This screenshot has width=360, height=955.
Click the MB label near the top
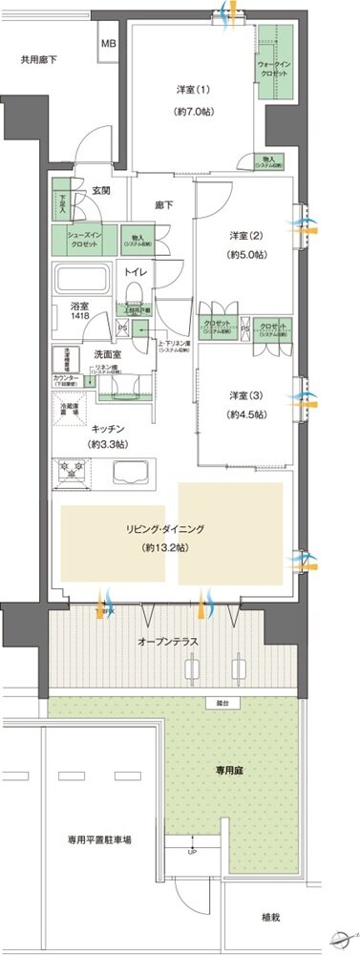[x=109, y=44]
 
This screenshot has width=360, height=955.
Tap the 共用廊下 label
[x=39, y=60]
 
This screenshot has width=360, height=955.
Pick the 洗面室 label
[x=104, y=354]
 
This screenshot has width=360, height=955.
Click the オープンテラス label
[x=166, y=641]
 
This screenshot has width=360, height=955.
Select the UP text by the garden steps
[x=193, y=851]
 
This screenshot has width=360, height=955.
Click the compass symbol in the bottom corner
[x=338, y=937]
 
